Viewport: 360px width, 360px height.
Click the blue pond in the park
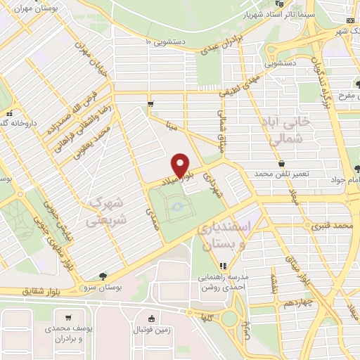pyautogui.click(x=176, y=207)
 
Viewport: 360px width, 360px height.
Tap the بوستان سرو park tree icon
pyautogui.click(x=104, y=276)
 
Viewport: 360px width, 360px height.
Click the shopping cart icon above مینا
pyautogui.click(x=150, y=104)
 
